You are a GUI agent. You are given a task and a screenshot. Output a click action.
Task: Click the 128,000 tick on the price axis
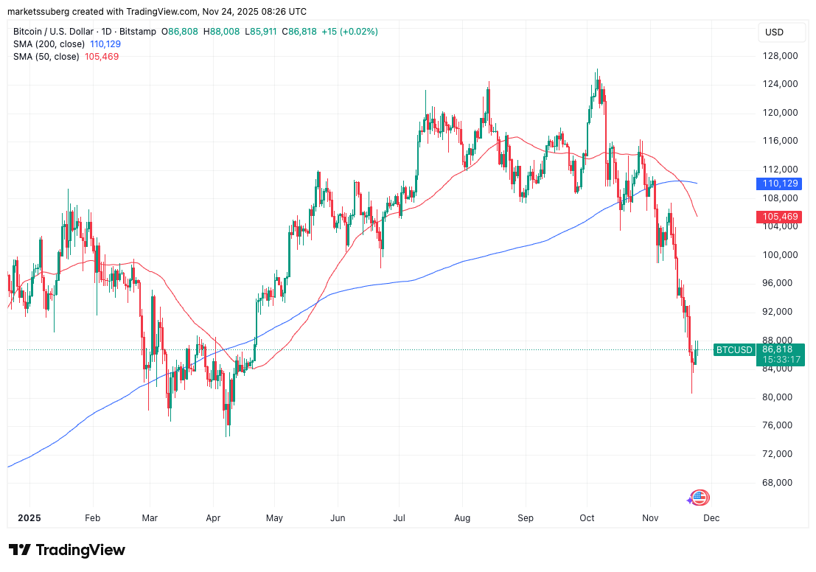(x=781, y=56)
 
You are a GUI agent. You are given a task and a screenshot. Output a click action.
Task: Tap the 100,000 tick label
(x=781, y=255)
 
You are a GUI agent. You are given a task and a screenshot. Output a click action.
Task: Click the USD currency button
(x=775, y=32)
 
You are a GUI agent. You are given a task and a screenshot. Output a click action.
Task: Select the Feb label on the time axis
(x=92, y=518)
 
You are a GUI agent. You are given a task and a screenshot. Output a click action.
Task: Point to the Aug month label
(x=463, y=518)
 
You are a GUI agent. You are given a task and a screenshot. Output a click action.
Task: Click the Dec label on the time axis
(x=711, y=518)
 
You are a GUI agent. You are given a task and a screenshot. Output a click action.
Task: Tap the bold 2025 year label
(x=29, y=518)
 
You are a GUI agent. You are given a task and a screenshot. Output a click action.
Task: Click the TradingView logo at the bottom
(x=67, y=550)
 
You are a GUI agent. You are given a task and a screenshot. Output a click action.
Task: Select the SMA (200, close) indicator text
(x=50, y=44)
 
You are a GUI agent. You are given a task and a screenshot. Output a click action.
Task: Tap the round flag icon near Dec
(x=700, y=498)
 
